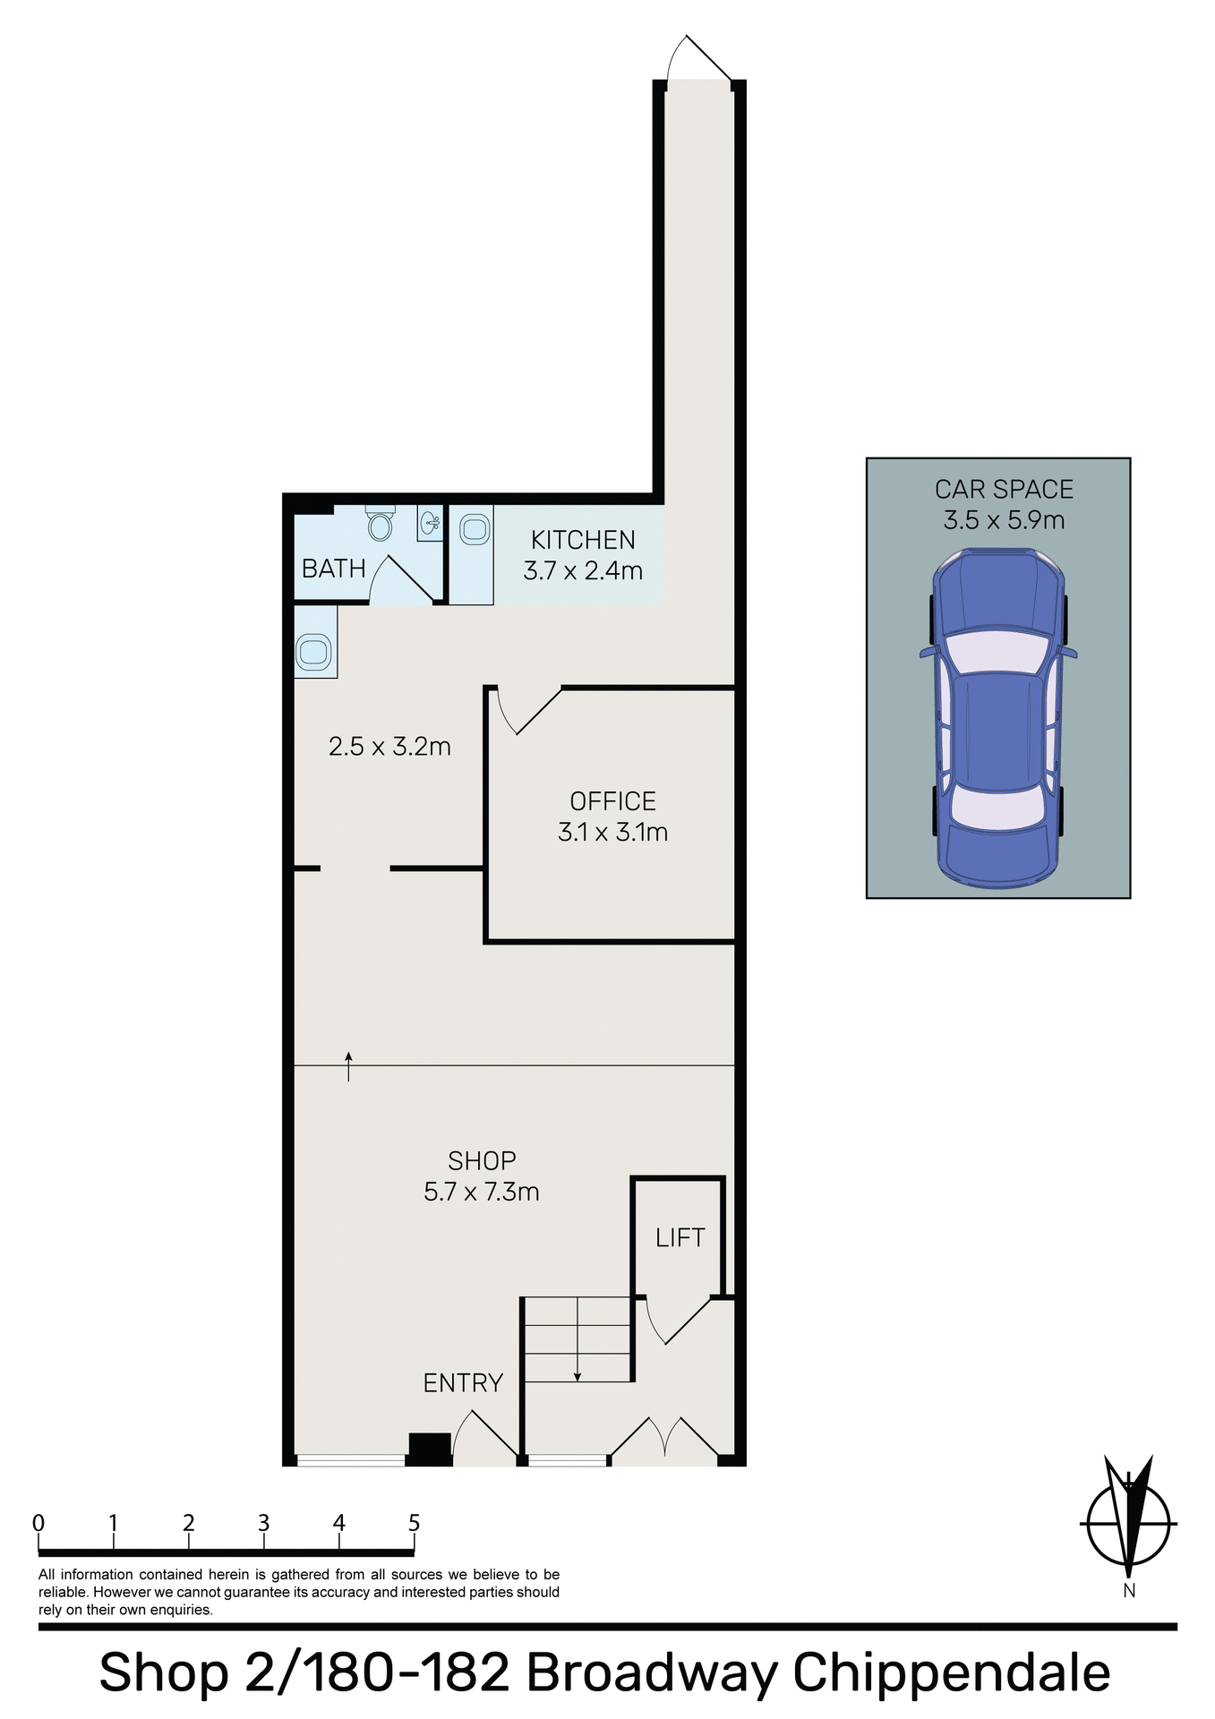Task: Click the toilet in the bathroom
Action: [381, 524]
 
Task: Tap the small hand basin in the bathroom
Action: [431, 522]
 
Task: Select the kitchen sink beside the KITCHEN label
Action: [474, 530]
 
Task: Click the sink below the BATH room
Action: [314, 651]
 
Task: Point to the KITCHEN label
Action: [583, 541]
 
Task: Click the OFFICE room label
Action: [612, 801]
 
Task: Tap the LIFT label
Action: [680, 1238]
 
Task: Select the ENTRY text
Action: [463, 1383]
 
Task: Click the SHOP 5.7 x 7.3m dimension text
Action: [482, 1193]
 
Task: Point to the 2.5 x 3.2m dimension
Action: [389, 747]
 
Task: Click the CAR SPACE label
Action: [1004, 490]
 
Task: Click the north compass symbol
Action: [1128, 1522]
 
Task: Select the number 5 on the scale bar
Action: [414, 1523]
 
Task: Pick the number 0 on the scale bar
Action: [39, 1523]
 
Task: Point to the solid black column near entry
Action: [430, 1448]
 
